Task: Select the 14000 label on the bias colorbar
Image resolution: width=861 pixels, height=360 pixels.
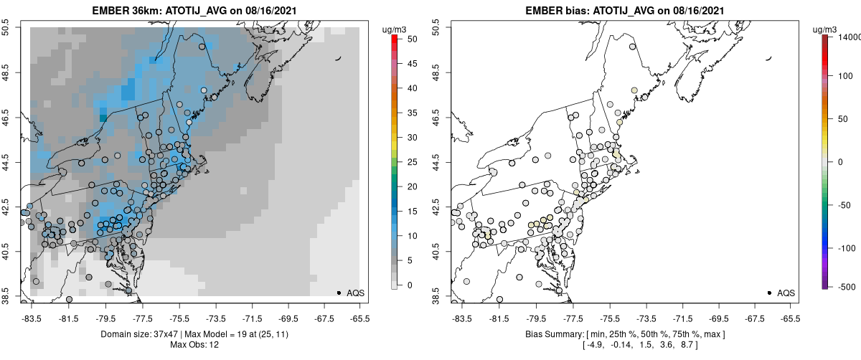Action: tap(849, 37)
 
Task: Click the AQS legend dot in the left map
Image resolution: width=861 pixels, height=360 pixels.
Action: tap(339, 293)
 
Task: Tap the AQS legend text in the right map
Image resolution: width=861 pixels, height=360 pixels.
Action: tap(786, 293)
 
